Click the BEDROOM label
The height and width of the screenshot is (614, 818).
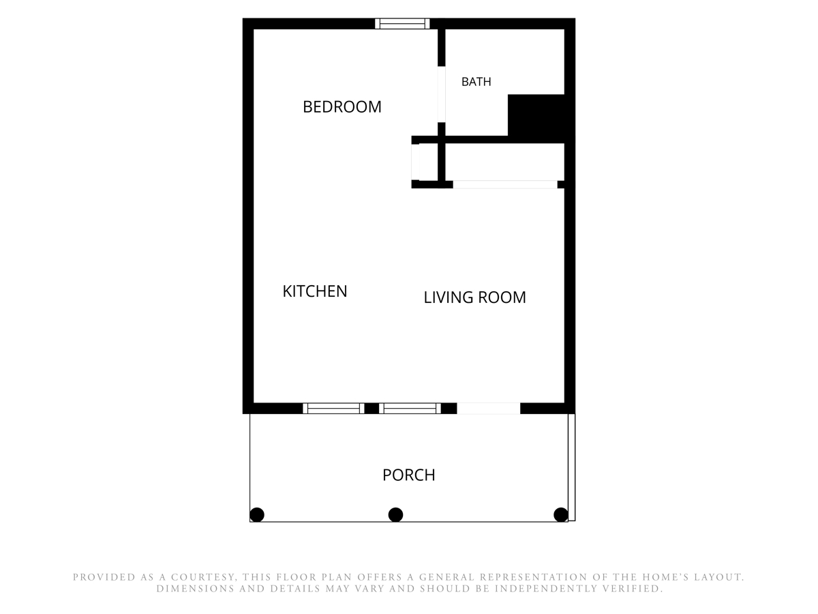[342, 107]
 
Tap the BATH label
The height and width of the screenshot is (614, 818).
[476, 82]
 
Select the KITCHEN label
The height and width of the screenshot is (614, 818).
[315, 291]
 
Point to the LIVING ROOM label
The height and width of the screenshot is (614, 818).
[474, 297]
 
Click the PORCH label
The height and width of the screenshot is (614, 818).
[408, 475]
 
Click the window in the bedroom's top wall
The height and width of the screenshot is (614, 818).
[402, 23]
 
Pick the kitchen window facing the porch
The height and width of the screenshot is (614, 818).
[333, 408]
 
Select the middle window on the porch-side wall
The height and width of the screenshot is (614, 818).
[410, 408]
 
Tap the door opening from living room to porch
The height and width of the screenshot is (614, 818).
[488, 408]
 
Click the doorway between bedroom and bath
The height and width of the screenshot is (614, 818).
[441, 94]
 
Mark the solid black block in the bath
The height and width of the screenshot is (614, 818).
[536, 119]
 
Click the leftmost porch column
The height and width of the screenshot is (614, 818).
[257, 515]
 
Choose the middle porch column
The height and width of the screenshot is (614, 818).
[395, 515]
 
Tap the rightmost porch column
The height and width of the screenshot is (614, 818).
[561, 515]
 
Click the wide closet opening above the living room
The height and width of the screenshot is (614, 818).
[505, 184]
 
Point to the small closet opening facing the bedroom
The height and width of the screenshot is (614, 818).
[415, 162]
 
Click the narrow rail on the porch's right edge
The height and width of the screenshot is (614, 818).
[572, 467]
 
